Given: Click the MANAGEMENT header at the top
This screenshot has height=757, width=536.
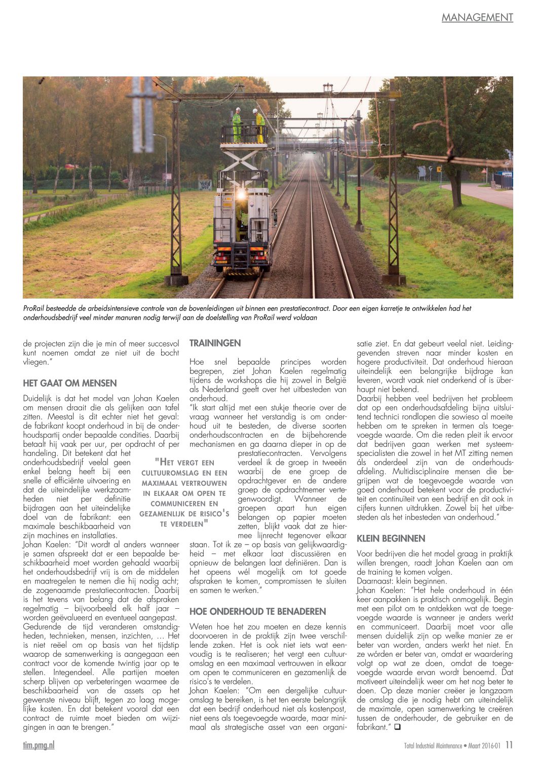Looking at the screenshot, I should pyautogui.click(x=477, y=18).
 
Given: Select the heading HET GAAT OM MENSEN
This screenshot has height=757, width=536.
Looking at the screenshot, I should pyautogui.click(x=70, y=383).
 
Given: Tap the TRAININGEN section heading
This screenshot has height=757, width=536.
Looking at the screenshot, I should pyautogui.click(x=215, y=343).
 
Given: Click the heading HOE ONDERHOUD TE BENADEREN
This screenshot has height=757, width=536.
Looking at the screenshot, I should pyautogui.click(x=257, y=611).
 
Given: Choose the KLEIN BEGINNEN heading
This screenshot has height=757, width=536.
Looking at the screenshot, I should pyautogui.click(x=391, y=538).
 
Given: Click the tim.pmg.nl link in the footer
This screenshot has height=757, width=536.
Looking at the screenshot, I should pyautogui.click(x=39, y=745).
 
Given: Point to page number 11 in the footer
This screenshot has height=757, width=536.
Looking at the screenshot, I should pyautogui.click(x=509, y=745).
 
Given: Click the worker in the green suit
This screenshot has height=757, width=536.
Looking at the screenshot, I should pyautogui.click(x=237, y=124).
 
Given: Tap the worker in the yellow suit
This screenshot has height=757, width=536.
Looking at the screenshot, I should pyautogui.click(x=259, y=125).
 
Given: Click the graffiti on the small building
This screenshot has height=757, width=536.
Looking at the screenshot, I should pyautogui.click(x=205, y=185).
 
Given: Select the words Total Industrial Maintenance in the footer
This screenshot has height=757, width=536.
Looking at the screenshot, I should pyautogui.click(x=433, y=745).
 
